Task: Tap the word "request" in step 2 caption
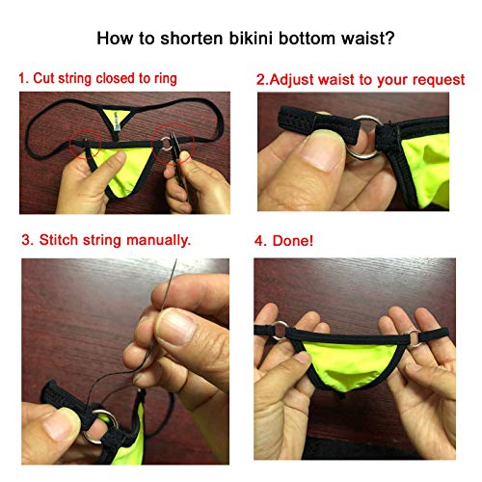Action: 437,78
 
